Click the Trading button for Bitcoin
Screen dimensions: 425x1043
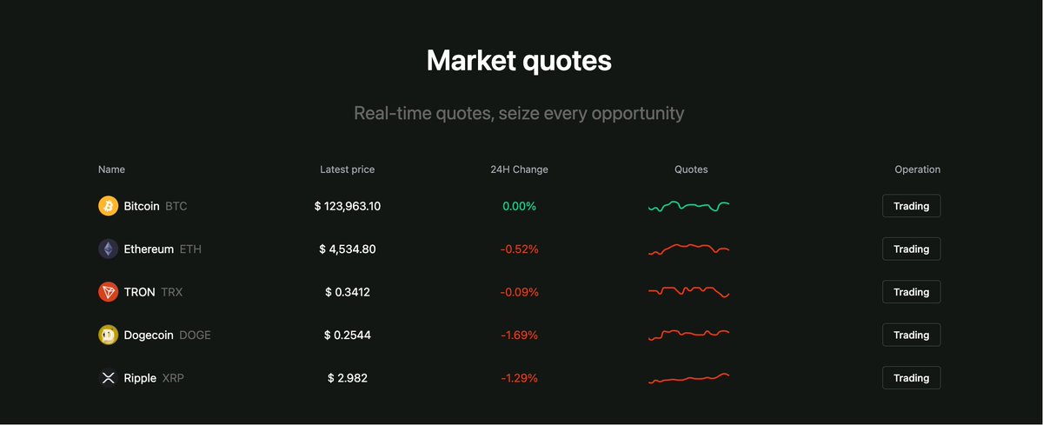(911, 206)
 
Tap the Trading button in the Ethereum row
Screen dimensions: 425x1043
(911, 249)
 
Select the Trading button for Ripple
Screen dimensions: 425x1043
(911, 378)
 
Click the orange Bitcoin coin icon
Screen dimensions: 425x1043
(108, 206)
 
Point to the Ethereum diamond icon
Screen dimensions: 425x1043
(108, 249)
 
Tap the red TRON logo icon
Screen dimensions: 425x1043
(108, 292)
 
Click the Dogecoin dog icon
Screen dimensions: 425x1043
(108, 335)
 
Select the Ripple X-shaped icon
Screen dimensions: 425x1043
(108, 378)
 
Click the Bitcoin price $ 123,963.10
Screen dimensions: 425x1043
(348, 206)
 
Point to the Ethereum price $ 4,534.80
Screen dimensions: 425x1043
(348, 249)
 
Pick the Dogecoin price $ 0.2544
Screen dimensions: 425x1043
(348, 335)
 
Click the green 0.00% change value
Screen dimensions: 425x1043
(519, 206)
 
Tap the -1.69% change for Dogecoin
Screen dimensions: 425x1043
(519, 335)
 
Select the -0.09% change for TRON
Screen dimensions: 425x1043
(519, 292)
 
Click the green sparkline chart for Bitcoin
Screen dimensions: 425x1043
(688, 207)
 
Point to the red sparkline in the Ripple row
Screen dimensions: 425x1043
(688, 378)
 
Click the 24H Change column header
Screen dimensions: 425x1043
(519, 169)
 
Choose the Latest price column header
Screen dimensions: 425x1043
(348, 169)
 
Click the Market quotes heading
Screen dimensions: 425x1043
(519, 62)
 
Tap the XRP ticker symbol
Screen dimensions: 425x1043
(173, 378)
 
